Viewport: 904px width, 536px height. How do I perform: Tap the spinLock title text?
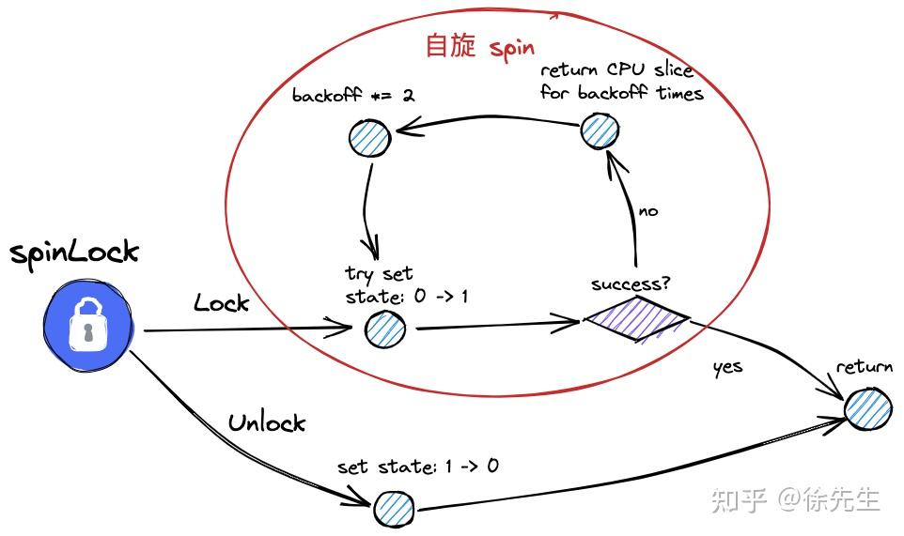click(74, 253)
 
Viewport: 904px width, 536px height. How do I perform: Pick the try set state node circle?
click(384, 329)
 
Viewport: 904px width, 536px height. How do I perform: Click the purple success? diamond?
click(638, 319)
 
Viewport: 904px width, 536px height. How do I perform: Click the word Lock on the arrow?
click(222, 302)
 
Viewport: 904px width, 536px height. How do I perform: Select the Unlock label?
click(267, 422)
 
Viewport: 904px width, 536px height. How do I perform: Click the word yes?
click(727, 367)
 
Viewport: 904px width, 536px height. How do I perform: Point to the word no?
click(648, 211)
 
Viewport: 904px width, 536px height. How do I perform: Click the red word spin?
click(512, 48)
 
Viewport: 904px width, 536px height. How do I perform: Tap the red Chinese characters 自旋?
click(451, 46)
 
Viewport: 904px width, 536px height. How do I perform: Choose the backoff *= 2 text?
click(354, 96)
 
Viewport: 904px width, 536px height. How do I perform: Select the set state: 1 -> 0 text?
click(417, 467)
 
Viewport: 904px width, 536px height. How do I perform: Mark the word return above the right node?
click(865, 367)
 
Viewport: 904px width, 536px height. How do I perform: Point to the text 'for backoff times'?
click(622, 92)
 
